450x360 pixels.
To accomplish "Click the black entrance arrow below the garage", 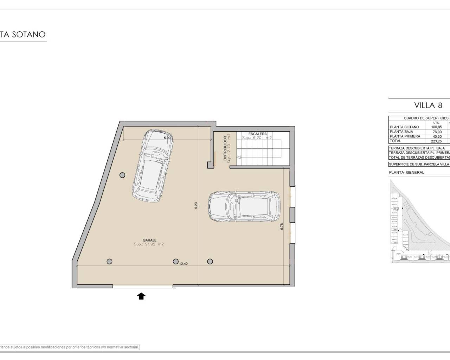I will tap(141, 296).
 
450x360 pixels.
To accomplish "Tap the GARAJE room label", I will tap(149, 240).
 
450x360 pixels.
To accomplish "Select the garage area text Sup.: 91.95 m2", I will tap(149, 244).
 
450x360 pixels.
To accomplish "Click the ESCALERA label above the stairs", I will tap(257, 134).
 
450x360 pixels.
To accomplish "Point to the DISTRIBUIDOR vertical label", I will tap(225, 148).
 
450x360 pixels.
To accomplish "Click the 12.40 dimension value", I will tap(183, 264).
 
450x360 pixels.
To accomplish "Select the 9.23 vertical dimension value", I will tap(196, 205).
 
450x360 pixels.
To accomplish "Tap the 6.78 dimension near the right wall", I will tap(282, 226).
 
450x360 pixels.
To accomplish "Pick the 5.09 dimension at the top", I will tap(167, 138).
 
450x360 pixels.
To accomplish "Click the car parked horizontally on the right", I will tap(244, 207).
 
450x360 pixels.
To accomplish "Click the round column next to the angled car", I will tap(122, 175).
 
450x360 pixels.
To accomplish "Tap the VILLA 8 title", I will tap(428, 105).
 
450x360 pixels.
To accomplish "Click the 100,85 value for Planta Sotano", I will tap(436, 127).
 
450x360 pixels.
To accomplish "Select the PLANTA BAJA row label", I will tap(401, 132).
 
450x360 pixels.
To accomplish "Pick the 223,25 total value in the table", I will tap(436, 141).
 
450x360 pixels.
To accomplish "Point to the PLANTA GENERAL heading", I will tap(406, 173).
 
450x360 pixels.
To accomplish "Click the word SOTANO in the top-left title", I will tap(29, 34).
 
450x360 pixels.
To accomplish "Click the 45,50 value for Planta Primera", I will tap(437, 136).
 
